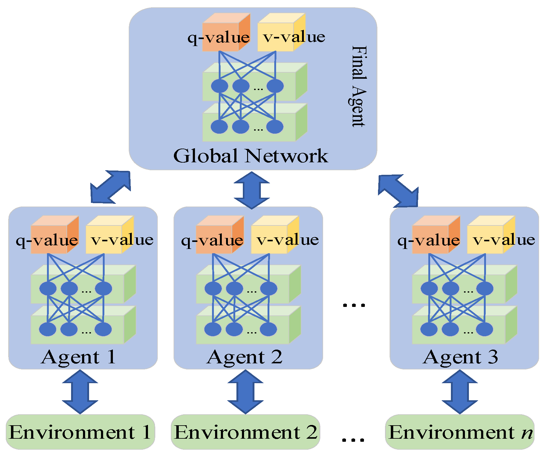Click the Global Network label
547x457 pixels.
coord(250,156)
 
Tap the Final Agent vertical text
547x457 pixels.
coord(358,86)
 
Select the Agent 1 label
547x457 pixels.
coord(78,357)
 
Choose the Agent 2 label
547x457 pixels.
coord(245,357)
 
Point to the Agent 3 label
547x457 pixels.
coord(460,357)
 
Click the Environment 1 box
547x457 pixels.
coord(80,432)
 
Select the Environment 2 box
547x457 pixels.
coord(246,432)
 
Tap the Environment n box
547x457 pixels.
coord(460,432)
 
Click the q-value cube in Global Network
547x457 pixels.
coord(226,32)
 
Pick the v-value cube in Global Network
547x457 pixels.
coord(281,32)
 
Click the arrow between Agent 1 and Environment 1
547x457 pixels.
coord(80,392)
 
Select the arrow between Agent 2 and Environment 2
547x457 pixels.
coord(245,392)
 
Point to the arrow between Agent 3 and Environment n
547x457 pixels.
coord(460,392)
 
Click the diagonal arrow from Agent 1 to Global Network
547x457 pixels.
coord(110,187)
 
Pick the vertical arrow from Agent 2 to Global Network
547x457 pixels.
coord(252,190)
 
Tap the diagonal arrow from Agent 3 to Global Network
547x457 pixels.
coord(398,191)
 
